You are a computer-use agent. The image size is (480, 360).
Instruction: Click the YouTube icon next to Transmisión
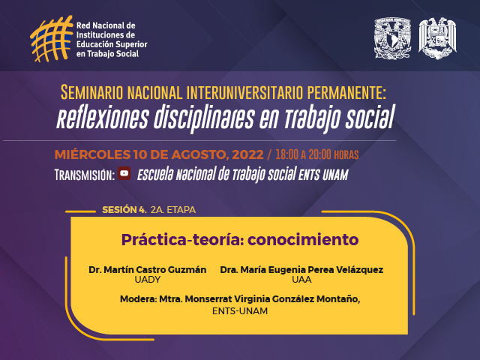(x=124, y=173)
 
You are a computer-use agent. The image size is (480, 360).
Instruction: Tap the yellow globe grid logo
(x=52, y=38)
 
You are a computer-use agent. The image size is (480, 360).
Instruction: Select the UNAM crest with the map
(x=392, y=38)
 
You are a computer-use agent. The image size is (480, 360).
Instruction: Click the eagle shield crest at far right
(x=437, y=38)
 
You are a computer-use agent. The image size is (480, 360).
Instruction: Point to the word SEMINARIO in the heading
(x=91, y=92)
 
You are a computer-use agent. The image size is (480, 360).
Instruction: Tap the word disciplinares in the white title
(x=204, y=118)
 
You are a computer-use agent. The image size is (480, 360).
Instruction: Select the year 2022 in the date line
(x=247, y=154)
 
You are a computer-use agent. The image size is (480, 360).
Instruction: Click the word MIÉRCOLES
(x=92, y=154)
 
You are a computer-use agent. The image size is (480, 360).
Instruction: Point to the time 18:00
(x=286, y=154)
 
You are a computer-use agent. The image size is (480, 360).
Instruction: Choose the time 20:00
(x=320, y=154)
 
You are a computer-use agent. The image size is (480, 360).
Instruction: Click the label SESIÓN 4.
(x=124, y=210)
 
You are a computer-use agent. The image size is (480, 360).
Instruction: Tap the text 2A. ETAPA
(x=173, y=210)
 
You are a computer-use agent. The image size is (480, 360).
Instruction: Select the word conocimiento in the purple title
(x=303, y=240)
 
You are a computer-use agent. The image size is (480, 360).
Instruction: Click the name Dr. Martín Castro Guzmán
(x=147, y=270)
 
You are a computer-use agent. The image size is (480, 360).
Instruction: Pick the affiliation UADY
(x=148, y=280)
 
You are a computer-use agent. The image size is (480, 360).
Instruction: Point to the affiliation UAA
(x=301, y=280)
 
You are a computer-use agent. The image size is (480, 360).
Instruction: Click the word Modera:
(x=138, y=299)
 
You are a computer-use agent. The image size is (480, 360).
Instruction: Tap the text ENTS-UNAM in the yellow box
(x=240, y=311)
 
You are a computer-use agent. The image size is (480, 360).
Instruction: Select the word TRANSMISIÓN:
(x=85, y=175)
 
